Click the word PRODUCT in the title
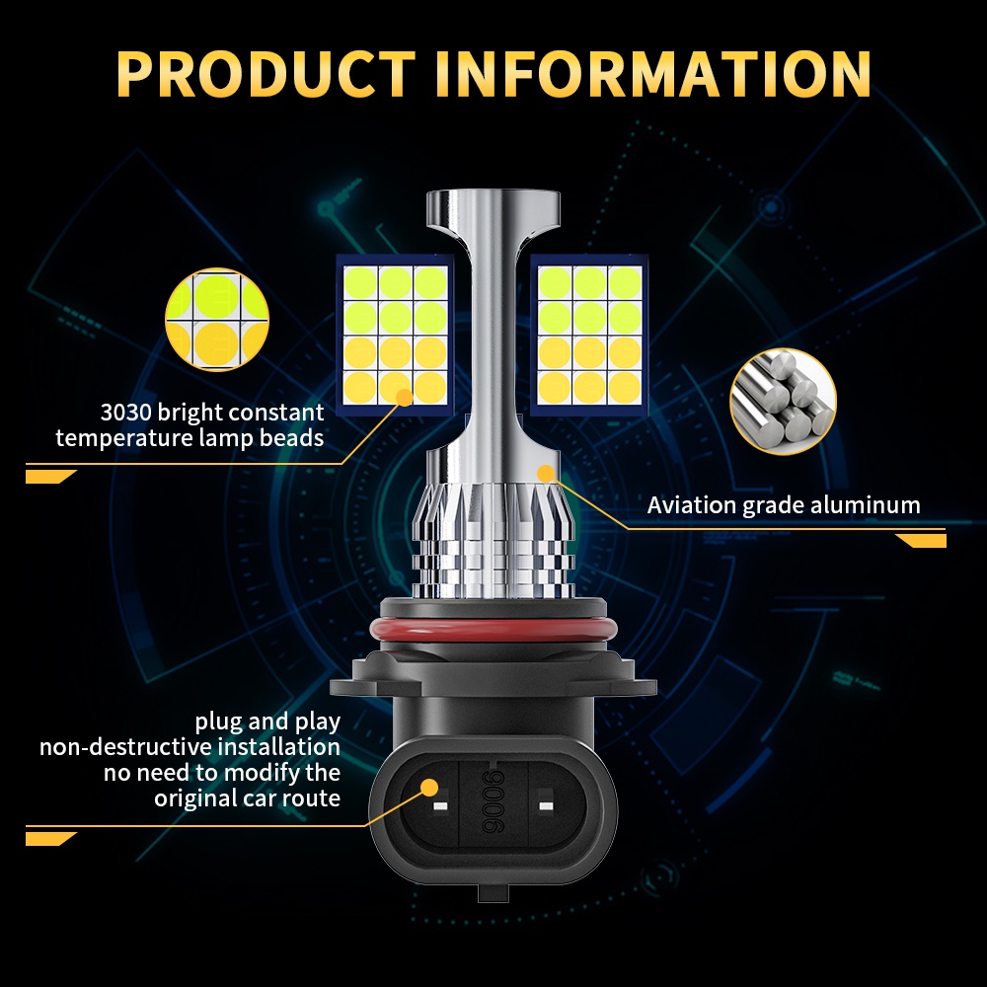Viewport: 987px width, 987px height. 266,74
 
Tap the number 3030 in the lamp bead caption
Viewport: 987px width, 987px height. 125,413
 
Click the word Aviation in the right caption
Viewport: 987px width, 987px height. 691,504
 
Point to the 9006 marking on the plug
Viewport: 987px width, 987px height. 493,800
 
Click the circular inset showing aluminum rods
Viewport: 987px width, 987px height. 783,402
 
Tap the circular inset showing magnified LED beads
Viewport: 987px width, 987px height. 217,319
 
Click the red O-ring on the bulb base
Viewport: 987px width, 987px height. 493,630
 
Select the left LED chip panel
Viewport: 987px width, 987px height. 396,335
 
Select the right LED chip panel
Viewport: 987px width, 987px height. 589,335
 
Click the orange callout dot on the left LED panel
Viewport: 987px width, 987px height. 404,397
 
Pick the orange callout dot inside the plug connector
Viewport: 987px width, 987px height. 429,787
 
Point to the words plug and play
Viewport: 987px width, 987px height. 267,721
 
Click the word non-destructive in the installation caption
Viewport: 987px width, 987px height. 126,746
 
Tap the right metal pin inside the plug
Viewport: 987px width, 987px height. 546,805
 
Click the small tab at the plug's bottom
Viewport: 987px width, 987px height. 493,892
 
